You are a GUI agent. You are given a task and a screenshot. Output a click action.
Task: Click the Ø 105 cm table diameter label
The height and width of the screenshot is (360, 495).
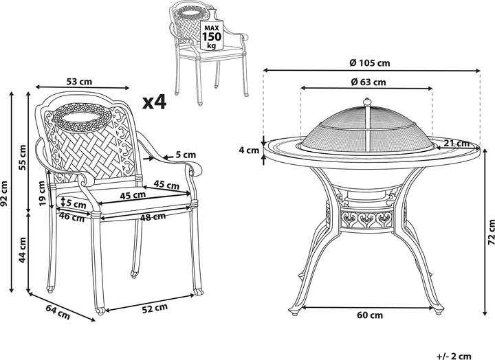coord(370,63)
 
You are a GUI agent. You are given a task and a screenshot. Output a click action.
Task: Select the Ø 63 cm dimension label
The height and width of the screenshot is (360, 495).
coord(368,82)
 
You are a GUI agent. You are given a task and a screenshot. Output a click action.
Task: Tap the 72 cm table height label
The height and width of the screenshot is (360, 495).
coord(491,232)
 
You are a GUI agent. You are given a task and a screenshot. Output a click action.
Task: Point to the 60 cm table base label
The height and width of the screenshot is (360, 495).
coord(370,315)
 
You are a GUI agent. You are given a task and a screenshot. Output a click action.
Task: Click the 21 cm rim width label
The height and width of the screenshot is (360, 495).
coord(456,143)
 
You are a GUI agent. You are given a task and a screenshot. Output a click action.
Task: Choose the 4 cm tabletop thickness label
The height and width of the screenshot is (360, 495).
coord(249,150)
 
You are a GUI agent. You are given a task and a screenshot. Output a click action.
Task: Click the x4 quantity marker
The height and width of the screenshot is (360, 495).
coord(154,102)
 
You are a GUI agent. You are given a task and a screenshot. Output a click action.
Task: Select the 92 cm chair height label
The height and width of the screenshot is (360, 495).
coord(4,193)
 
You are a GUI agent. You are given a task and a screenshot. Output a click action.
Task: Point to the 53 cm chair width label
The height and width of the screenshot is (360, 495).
coord(79,82)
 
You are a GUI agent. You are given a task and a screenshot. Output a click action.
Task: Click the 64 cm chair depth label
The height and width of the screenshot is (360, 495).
coord(58,312)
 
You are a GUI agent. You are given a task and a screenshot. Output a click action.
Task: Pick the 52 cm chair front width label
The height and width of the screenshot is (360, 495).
coord(155,308)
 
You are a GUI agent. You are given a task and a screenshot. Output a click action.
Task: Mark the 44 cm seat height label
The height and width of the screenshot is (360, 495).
coord(22,249)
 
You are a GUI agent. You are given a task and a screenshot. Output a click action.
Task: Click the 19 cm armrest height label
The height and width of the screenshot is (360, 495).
coord(42,193)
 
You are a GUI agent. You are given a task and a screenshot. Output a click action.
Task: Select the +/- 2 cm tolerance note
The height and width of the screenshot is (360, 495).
coord(454,356)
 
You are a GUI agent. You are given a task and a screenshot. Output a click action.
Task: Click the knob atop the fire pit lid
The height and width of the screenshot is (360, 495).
coord(367,102)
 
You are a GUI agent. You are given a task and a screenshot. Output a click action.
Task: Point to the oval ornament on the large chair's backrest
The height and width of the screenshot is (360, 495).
coord(82,117)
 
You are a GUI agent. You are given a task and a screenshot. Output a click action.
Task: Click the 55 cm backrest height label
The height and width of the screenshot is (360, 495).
coord(22,157)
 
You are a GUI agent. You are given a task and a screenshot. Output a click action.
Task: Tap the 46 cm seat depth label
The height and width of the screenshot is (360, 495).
coord(71,217)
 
